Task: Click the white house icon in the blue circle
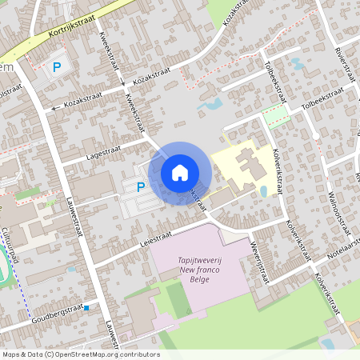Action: pos(180,172)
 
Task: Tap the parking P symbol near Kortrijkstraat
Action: pos(57,68)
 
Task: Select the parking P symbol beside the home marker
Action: pos(141,188)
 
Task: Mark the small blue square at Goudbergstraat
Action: pos(86,306)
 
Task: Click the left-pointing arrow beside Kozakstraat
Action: pos(54,106)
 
